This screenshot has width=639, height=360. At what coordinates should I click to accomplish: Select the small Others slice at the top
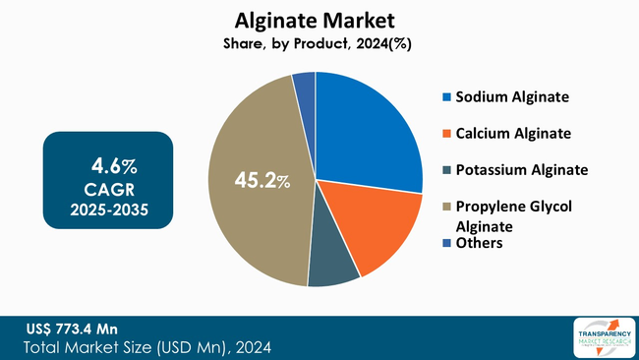pos(305,86)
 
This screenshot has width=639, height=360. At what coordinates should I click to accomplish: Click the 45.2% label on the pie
pos(262,181)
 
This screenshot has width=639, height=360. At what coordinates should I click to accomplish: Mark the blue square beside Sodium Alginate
pos(447,97)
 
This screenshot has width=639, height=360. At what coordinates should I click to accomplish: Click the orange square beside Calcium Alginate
pos(447,134)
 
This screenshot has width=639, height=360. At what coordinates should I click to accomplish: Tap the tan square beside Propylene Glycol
pos(447,207)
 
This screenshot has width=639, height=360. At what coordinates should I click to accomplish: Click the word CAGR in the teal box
pos(107,187)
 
